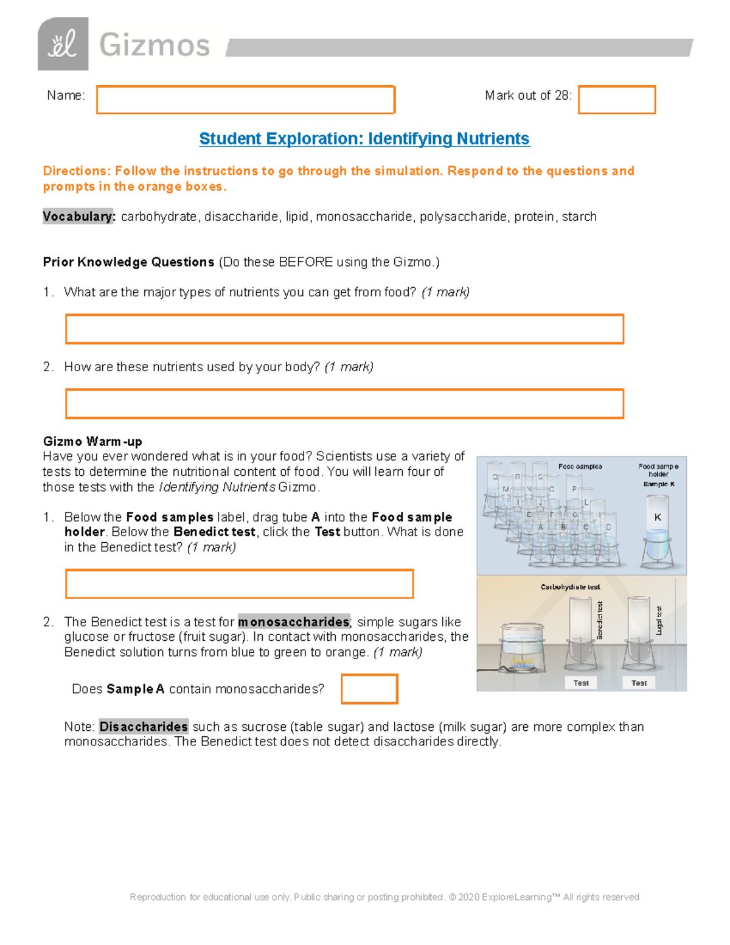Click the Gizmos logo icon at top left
pos(63,44)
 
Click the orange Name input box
pos(246,100)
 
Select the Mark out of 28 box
pos(616,100)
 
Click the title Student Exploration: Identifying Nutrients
pos(364,139)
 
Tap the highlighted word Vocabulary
pos(78,217)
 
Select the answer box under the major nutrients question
pos(344,329)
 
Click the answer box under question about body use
pos(344,404)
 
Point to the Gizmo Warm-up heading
pos(92,441)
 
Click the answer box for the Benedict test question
pos(239,584)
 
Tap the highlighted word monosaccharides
pos(293,622)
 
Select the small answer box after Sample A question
pos(369,689)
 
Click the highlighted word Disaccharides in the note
pos(144,727)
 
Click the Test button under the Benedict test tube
pos(580,683)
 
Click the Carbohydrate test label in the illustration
pos(570,587)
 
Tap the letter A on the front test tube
pos(540,527)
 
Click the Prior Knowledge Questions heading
pos(128,262)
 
